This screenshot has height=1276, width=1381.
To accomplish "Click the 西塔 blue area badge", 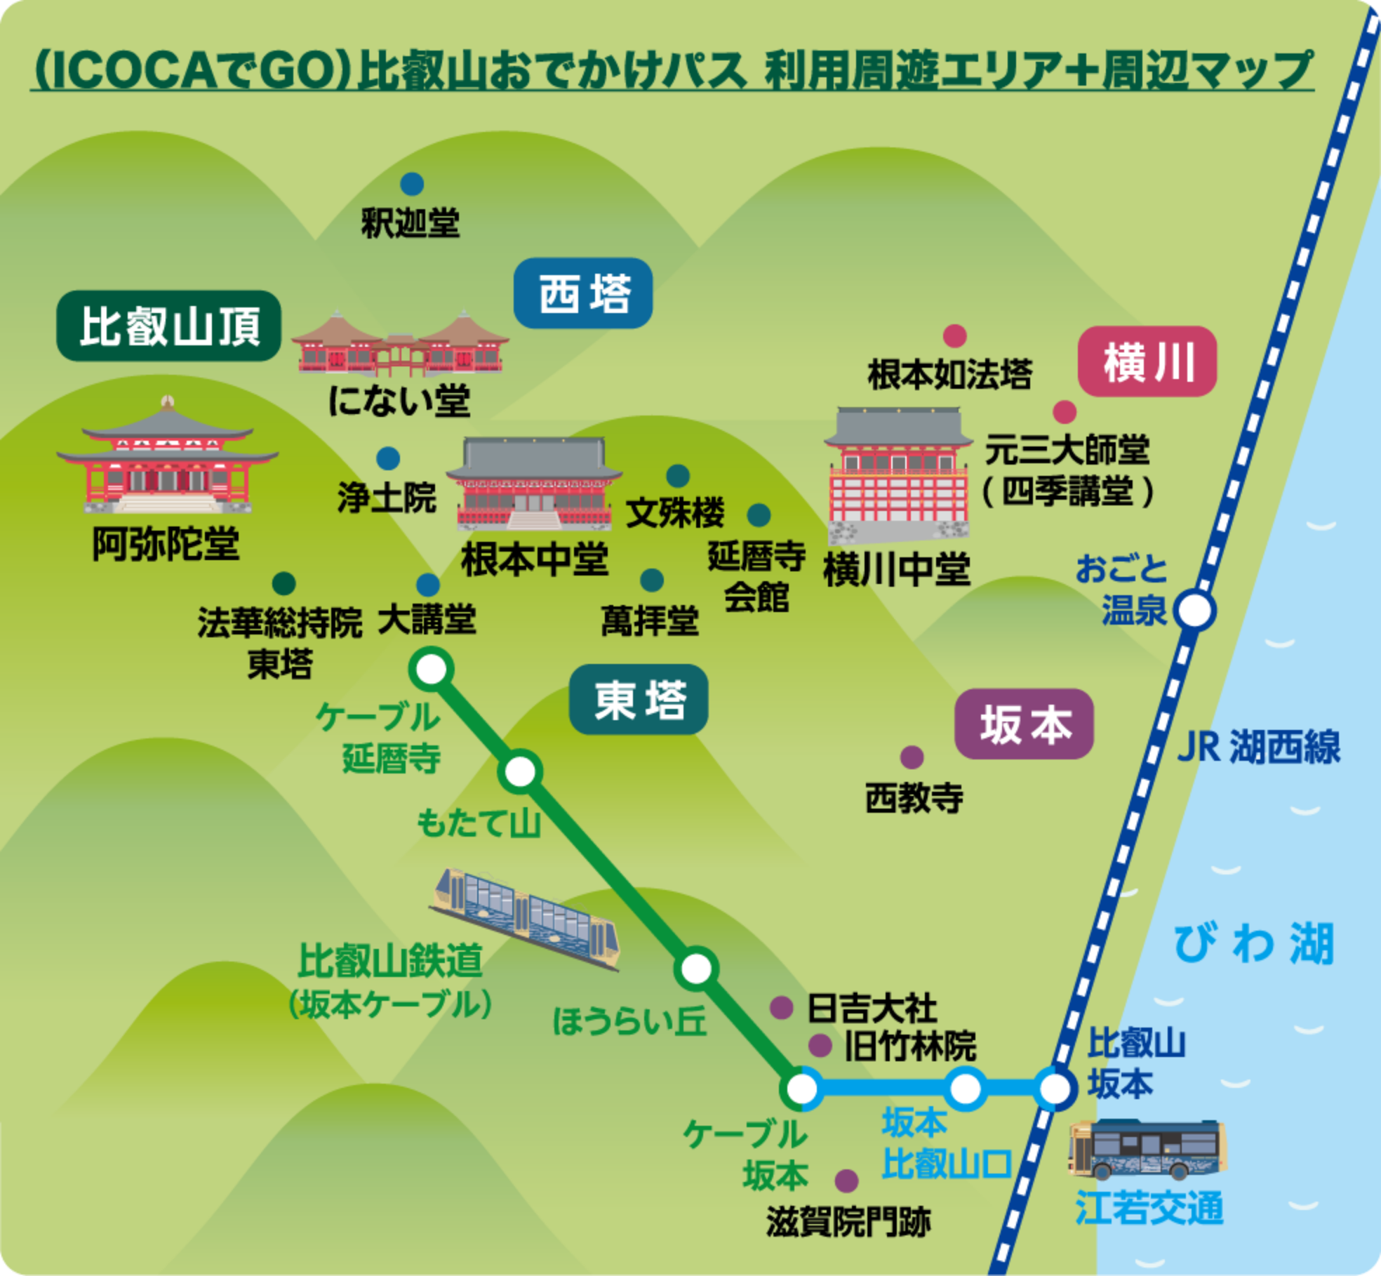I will tap(583, 293).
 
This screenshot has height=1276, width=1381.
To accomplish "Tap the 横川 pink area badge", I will tap(1147, 362).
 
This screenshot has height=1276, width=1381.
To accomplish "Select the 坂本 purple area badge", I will tap(1024, 724).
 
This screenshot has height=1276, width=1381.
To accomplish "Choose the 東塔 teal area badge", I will tap(638, 700).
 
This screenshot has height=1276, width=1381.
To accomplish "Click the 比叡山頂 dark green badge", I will tap(168, 326).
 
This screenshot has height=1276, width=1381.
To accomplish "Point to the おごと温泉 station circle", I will tap(1195, 610).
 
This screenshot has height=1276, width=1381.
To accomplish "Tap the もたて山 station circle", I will tap(520, 771).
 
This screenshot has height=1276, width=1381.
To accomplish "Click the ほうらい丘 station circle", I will tap(696, 969).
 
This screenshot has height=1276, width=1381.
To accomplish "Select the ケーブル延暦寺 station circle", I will tap(432, 669).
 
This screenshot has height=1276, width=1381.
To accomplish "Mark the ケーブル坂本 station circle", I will tap(801, 1089).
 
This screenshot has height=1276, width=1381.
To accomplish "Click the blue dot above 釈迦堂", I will tap(412, 184).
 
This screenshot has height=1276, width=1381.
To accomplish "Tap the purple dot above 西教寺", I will tap(912, 757).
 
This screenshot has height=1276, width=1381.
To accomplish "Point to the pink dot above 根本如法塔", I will tap(954, 336).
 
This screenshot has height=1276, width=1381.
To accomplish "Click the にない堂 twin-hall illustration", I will tap(400, 345).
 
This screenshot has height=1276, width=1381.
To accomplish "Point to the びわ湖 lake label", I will tap(1253, 944).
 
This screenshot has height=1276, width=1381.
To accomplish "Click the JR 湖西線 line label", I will tap(1258, 747).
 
